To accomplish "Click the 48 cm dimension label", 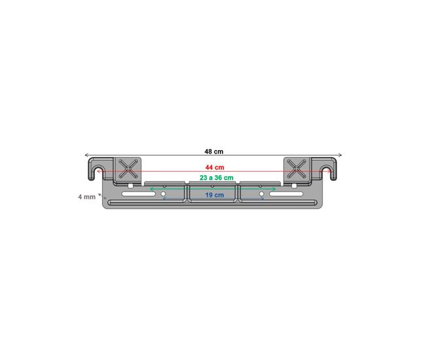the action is (214, 152).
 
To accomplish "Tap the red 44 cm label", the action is (214, 167).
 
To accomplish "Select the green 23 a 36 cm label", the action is (216, 178).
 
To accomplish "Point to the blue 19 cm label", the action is (214, 195).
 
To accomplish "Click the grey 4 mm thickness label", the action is (87, 197).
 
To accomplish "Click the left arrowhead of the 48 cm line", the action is (87, 155).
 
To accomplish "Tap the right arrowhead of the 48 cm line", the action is (340, 155).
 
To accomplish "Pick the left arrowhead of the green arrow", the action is (152, 189).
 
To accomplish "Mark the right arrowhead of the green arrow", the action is (274, 189).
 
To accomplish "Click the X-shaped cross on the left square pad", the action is (128, 169).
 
